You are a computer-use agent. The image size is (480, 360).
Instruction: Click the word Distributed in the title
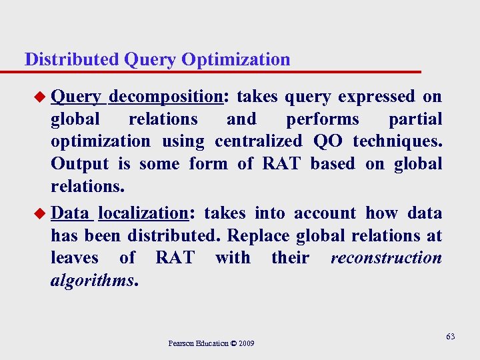pos(71,59)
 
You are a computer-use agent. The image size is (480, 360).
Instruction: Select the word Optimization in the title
pos(235,59)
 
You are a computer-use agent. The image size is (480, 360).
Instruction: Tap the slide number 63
pos(450,337)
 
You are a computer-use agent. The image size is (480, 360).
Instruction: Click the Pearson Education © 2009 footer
pos(211,343)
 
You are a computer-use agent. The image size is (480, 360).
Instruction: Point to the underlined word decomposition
pos(165,97)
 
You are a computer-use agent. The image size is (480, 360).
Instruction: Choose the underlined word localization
pos(143,213)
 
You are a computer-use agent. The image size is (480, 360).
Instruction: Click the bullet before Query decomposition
pos(41,97)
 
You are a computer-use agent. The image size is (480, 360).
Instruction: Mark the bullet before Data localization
pos(41,213)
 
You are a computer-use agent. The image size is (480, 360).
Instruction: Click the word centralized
pos(258,141)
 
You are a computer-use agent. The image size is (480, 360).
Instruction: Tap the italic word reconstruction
pos(386,258)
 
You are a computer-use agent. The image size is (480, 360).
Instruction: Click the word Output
pos(79,164)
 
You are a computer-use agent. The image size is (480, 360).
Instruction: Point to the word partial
pos(415,119)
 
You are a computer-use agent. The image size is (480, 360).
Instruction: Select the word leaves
pos(75,258)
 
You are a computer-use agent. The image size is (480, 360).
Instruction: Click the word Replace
pos(259,236)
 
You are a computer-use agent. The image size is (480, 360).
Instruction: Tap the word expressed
pos(376,97)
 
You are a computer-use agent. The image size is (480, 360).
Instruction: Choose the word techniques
pos(396,141)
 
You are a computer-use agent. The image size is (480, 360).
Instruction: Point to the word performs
pos(323,119)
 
